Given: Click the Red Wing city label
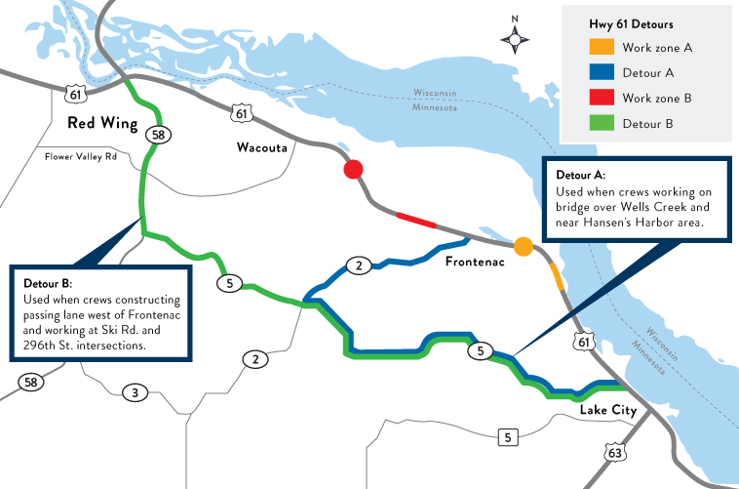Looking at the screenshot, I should [99, 124].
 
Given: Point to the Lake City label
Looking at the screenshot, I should [607, 410].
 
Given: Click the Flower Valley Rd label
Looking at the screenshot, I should [88, 156].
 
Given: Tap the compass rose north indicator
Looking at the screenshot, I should [515, 36].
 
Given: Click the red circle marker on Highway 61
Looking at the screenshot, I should [353, 170].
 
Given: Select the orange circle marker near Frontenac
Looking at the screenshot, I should [524, 247].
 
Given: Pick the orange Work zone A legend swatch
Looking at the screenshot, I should [602, 47].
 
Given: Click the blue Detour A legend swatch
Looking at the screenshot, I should [602, 72].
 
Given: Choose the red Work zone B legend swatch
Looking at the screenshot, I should [602, 99].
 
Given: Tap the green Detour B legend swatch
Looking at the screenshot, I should [602, 124].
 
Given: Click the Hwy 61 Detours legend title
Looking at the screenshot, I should [630, 22].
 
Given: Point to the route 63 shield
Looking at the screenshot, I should [614, 452].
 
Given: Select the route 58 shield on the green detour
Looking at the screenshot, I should [155, 135].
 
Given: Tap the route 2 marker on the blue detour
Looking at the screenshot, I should [358, 265].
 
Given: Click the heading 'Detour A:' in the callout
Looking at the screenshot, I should [581, 175].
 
